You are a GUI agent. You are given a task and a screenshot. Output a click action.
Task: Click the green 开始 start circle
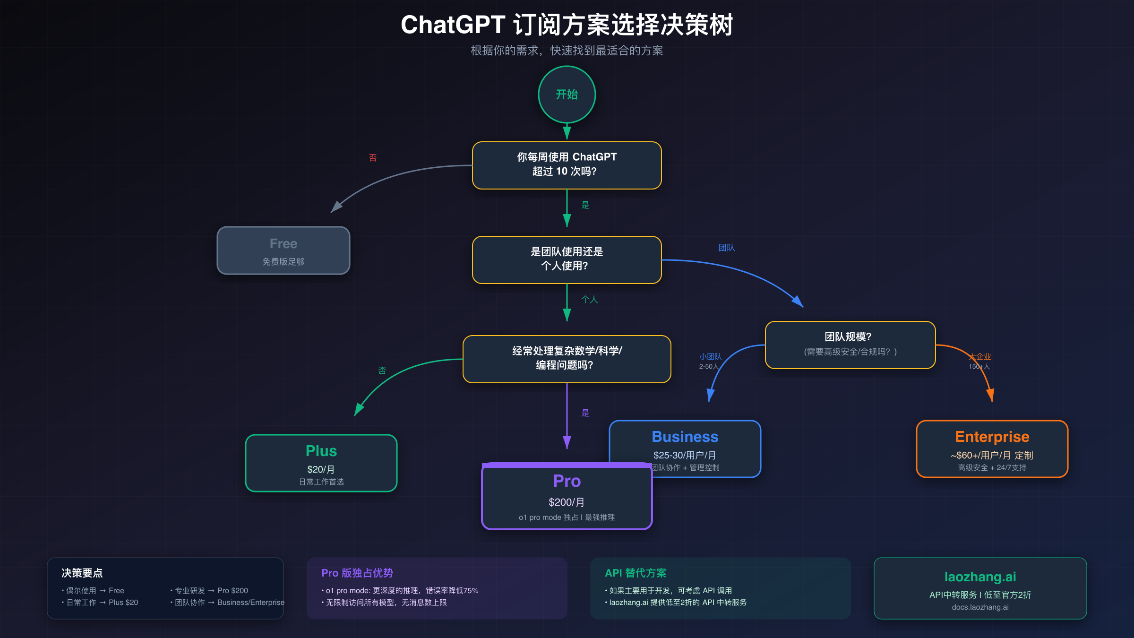[567, 95]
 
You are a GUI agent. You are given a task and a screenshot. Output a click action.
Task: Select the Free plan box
[283, 250]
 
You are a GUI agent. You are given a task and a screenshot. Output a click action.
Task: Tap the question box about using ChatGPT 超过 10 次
[567, 165]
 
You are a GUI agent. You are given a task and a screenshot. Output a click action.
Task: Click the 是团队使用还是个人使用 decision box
[567, 259]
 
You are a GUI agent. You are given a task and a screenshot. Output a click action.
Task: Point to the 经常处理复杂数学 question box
[567, 359]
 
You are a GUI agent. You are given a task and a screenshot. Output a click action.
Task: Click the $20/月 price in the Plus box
[321, 469]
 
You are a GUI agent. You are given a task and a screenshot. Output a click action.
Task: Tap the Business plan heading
[685, 437]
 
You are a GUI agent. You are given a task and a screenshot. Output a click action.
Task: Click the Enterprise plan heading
[992, 437]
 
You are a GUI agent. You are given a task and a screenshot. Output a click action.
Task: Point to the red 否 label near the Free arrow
[372, 158]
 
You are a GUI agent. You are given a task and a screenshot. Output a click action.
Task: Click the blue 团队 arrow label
[726, 248]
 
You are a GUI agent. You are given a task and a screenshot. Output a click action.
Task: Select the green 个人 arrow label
[589, 300]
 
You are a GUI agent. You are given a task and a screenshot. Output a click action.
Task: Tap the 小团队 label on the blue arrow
[710, 357]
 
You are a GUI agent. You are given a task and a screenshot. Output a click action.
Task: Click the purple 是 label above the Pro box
[585, 413]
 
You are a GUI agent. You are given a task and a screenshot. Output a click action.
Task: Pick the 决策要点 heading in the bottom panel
[82, 573]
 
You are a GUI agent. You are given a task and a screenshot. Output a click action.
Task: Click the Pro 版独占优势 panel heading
[357, 573]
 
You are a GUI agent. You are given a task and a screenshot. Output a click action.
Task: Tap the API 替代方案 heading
[635, 573]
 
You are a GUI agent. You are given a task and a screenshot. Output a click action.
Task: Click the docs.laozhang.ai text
[980, 607]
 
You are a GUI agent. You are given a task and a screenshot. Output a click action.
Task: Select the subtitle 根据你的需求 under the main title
[567, 51]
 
